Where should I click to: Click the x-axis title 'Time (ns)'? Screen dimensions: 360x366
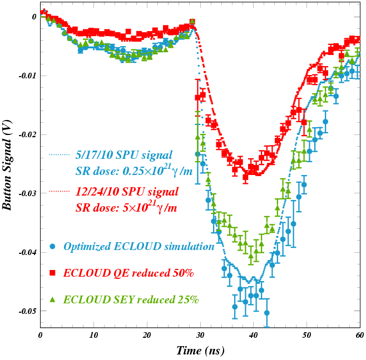(x=200, y=350)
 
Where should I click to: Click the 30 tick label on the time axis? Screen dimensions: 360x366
(x=200, y=336)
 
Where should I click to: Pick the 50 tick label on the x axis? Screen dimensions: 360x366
(x=306, y=336)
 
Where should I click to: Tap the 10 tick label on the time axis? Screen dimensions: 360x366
(x=93, y=336)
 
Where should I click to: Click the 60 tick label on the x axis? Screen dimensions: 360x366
(x=359, y=336)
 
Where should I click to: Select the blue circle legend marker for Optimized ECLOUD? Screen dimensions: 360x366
(x=52, y=246)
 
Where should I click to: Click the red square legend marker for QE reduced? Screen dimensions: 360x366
(x=52, y=273)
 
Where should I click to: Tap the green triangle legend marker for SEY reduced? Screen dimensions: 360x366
(x=52, y=299)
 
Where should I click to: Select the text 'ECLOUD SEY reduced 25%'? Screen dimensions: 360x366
(x=131, y=299)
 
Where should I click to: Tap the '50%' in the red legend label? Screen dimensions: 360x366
(x=182, y=273)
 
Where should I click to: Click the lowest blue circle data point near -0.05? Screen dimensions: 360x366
(x=267, y=313)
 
